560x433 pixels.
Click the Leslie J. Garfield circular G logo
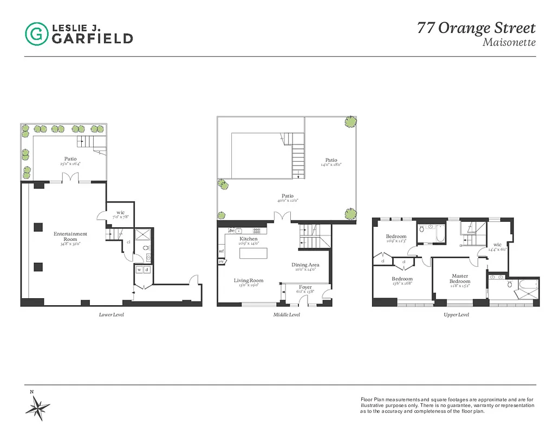(36, 33)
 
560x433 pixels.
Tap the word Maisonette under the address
(509, 42)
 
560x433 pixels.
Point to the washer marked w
(139, 270)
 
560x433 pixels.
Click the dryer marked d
(147, 270)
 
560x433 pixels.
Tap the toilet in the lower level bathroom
(146, 248)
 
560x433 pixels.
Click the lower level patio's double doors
(67, 178)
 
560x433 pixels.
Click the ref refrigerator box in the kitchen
(222, 251)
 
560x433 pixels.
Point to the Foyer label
(305, 287)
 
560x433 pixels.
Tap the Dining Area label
(305, 265)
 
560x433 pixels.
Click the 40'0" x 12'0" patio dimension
(287, 200)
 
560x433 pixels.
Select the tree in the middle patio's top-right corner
(351, 122)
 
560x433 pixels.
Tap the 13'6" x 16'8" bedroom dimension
(402, 283)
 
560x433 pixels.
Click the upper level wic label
(497, 245)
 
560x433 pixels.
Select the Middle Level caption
(286, 314)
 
